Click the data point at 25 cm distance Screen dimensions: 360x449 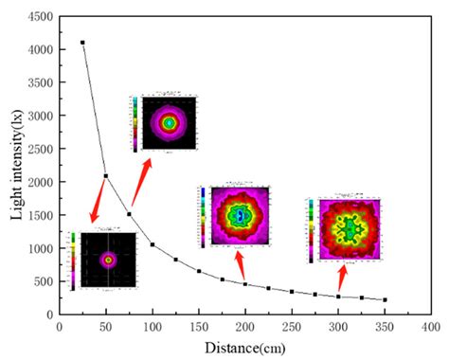tap(82, 43)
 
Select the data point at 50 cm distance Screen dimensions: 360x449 tap(106, 176)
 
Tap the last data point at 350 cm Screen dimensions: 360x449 tap(385, 299)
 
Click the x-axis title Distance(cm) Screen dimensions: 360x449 tap(246, 348)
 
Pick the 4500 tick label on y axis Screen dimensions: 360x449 tap(39, 16)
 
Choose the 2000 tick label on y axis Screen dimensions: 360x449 tap(39, 182)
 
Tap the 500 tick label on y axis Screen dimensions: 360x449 tap(42, 281)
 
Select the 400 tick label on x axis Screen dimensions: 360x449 tap(431, 327)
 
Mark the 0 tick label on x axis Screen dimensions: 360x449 tap(60, 327)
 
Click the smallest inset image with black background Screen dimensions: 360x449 tap(106, 259)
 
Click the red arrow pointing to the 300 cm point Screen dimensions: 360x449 tap(343, 278)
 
